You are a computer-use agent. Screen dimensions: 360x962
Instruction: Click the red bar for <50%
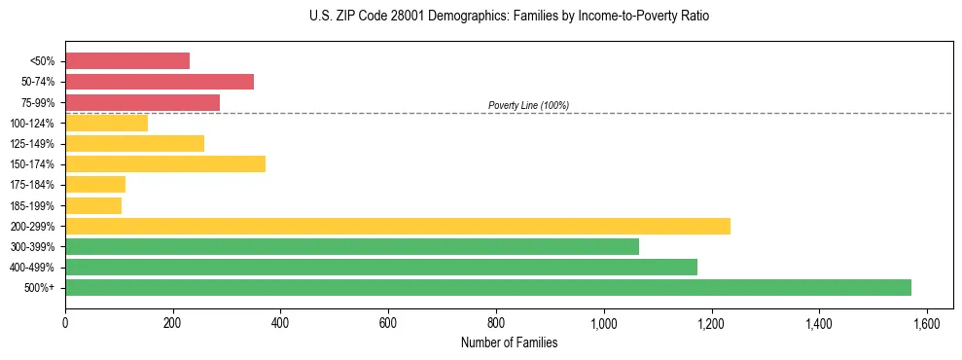coord(127,60)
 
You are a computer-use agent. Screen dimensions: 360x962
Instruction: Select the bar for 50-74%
coord(160,82)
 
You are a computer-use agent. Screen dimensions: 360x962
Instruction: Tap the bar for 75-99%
coord(142,102)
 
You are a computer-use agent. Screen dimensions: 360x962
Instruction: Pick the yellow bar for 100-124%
coord(106,123)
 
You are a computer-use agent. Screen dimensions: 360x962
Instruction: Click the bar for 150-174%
coord(165,163)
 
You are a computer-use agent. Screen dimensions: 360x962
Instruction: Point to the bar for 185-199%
coord(93,205)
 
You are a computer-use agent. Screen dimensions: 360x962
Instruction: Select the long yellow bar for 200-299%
coord(398,226)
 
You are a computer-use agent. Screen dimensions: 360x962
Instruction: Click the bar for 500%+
coord(488,287)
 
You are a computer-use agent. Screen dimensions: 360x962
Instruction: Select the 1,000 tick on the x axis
coord(604,322)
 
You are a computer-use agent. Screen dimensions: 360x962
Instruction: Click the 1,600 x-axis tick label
coord(927,322)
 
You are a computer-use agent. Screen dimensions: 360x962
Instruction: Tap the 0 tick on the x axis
coord(65,322)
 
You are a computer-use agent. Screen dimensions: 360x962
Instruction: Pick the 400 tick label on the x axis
coord(280,322)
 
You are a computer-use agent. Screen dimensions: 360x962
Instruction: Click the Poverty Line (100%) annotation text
coord(528,105)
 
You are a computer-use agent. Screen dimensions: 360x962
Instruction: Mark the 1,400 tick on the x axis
coord(819,322)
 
